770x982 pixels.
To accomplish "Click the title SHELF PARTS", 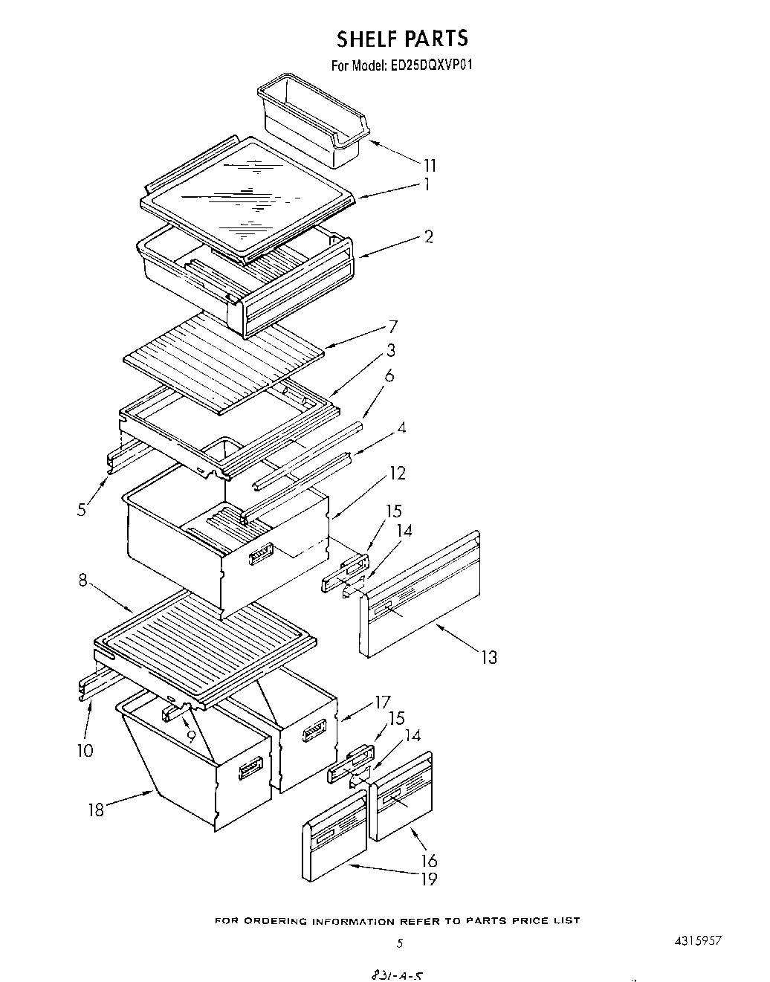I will click(x=402, y=38).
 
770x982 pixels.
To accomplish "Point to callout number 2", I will click(x=428, y=236).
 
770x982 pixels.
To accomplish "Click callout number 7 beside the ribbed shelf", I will click(x=392, y=326).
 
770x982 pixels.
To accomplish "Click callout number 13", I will click(x=488, y=657).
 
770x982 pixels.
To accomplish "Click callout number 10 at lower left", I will click(x=85, y=750).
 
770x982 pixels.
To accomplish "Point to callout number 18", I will click(x=97, y=810).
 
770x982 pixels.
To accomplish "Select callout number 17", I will click(x=382, y=702).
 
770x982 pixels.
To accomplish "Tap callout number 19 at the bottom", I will click(x=429, y=879).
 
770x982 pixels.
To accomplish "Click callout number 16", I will click(x=429, y=861).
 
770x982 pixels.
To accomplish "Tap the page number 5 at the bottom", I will click(x=399, y=944).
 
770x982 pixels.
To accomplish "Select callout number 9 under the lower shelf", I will click(x=190, y=737).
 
